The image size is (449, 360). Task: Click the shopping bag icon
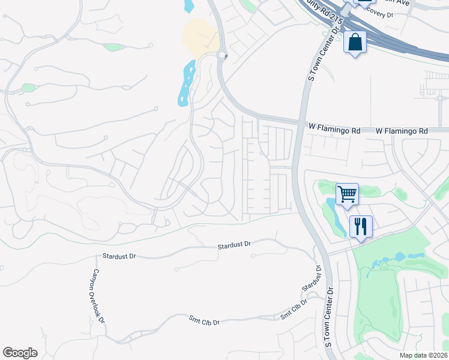coord(355,43)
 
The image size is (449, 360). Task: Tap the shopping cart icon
coord(347,194)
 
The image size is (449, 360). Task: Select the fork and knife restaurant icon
coord(361,226)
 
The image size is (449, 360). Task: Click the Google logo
coord(20,353)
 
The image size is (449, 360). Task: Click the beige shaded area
coord(200,36)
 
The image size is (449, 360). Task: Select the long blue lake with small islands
coord(186,84)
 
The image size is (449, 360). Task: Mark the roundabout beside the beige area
coord(223,56)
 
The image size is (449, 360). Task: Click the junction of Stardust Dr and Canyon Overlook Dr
coord(97,257)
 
